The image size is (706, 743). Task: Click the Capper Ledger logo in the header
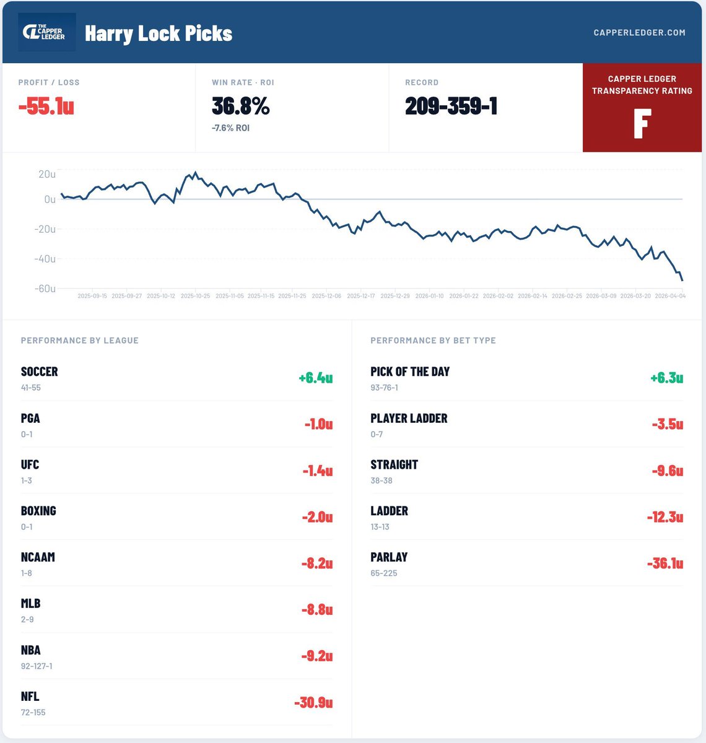[48, 32]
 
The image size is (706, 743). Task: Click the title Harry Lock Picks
[159, 33]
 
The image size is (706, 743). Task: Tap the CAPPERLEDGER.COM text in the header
[639, 32]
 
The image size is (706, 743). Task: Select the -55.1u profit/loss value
[46, 106]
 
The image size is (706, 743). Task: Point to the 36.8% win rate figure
[241, 106]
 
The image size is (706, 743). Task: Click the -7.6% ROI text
[231, 128]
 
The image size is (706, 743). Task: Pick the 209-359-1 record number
[451, 106]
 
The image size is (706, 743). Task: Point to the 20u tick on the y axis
[47, 175]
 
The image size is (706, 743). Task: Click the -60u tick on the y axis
[45, 289]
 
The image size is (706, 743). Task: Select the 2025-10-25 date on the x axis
[194, 296]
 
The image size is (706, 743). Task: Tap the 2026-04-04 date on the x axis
[670, 296]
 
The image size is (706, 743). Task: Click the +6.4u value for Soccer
[315, 378]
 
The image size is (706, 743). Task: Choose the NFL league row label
[30, 697]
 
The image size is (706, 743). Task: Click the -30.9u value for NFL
[313, 703]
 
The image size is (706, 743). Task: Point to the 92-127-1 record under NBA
[37, 666]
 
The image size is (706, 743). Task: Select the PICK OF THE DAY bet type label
[410, 371]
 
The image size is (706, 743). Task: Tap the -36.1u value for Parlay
[665, 563]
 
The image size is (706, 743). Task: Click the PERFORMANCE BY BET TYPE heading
[433, 341]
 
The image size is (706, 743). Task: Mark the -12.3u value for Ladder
[665, 517]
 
